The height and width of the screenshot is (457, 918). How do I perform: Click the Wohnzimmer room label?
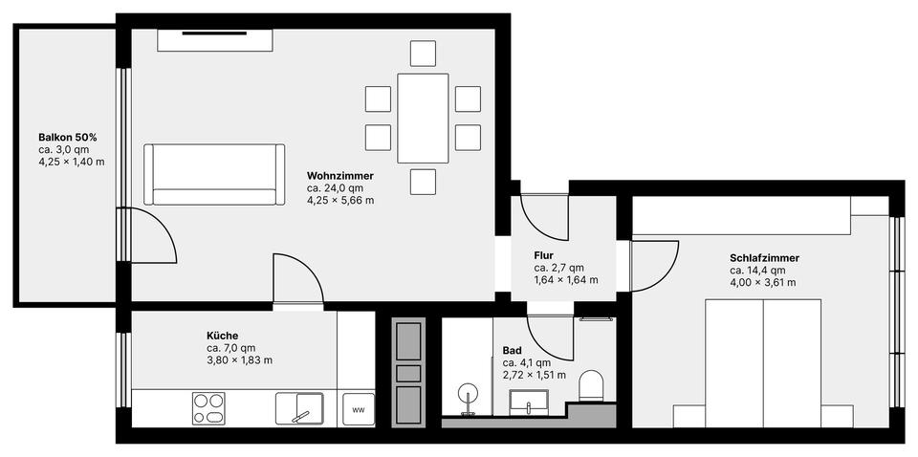coord(339,177)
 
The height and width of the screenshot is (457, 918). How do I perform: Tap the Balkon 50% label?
coord(67,138)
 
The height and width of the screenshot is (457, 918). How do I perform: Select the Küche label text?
coord(222,336)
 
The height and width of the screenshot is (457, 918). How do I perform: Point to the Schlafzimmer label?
coord(764,258)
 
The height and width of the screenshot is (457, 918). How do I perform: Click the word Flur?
coord(545,255)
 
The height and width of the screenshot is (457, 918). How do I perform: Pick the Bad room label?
coord(513,351)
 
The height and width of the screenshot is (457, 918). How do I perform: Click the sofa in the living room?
coord(214,174)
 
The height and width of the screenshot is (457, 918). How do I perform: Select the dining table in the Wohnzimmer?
coord(423,118)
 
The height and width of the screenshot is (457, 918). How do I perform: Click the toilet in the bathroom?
coord(593,386)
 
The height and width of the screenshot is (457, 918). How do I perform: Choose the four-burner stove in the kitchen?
coord(209,408)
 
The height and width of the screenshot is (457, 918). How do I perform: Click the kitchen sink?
coord(299,408)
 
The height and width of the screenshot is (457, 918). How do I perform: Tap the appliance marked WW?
coord(359,409)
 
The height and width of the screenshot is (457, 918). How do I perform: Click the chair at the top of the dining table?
coord(423,54)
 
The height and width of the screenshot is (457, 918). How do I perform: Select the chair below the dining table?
coord(423,182)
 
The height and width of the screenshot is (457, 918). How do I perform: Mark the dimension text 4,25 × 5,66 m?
coord(340,201)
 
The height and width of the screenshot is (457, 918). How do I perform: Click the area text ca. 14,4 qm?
coord(757,271)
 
